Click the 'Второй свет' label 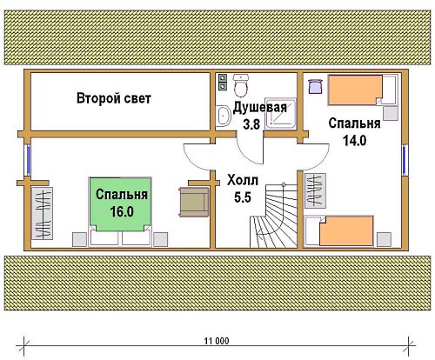point(114,98)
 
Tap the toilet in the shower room point(241,85)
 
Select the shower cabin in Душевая point(280,113)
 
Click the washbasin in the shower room point(223,116)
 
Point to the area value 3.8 point(251,124)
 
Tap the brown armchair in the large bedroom point(194,202)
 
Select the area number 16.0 point(122,211)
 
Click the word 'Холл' point(243,180)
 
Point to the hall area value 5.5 point(243,197)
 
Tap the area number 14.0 point(354,141)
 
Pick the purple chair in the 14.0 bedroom point(315,86)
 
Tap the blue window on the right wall point(405,160)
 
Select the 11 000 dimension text point(217,341)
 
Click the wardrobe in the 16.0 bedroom point(42,213)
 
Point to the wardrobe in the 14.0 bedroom point(315,190)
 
